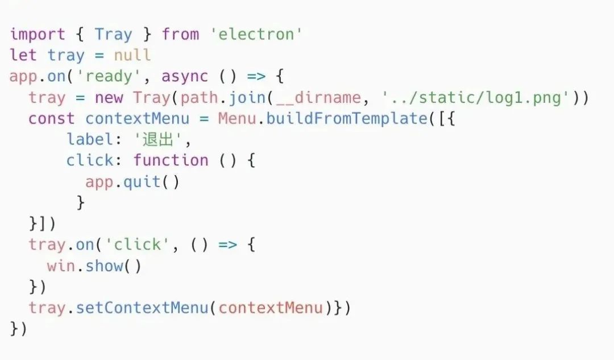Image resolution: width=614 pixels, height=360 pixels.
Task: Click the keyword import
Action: point(38,34)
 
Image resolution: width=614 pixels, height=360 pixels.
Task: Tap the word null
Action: point(132,55)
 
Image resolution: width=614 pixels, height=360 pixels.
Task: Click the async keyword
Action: point(185,76)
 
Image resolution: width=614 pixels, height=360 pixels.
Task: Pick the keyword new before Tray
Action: point(109,97)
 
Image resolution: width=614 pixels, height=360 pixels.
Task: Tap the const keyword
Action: point(52,118)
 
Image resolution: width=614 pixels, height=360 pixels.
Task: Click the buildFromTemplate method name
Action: point(346,118)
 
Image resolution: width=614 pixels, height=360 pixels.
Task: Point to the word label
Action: point(90,139)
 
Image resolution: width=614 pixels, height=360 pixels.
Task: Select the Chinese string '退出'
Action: point(157,139)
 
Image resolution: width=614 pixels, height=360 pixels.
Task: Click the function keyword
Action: point(171,160)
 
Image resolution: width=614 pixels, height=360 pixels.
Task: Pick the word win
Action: point(61,266)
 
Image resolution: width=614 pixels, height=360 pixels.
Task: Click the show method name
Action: point(104,266)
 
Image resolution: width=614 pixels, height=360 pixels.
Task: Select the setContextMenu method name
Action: point(142,308)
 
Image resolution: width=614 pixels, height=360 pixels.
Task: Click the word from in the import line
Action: point(180,34)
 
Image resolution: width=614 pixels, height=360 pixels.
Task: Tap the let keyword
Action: point(23,55)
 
